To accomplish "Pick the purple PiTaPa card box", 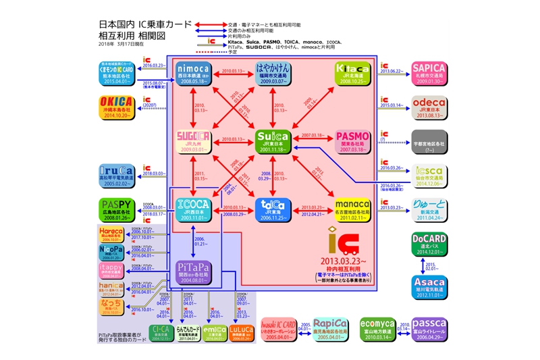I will coord(194,272).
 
